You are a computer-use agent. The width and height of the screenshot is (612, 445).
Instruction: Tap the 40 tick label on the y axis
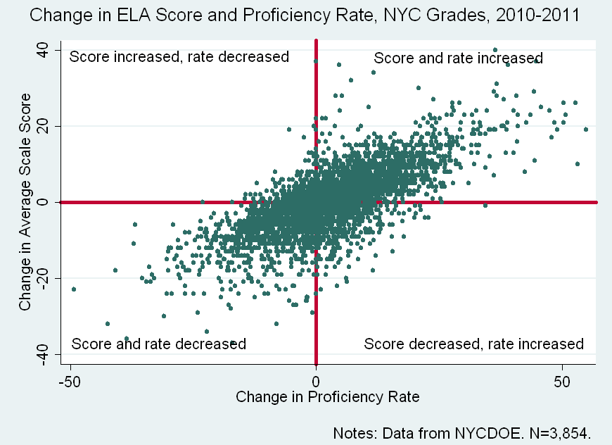(x=43, y=51)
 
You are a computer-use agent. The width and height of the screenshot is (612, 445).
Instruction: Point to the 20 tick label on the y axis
(x=43, y=127)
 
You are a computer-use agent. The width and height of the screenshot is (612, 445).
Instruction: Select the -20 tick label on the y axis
(x=43, y=278)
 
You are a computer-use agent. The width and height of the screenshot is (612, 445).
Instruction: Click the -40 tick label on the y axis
(x=43, y=354)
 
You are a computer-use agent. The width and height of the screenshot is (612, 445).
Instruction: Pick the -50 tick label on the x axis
(x=70, y=380)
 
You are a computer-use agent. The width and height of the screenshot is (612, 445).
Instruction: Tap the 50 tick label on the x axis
(x=562, y=380)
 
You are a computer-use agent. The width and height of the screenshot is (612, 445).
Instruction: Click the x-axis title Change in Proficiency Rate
(x=328, y=397)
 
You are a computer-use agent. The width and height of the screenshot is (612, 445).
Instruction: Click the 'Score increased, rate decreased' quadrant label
(x=179, y=57)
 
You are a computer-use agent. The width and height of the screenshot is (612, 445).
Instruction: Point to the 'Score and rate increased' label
(x=458, y=58)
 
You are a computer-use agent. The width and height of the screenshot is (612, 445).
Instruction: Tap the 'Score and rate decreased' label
(x=159, y=344)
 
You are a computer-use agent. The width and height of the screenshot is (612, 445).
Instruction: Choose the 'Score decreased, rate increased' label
(x=473, y=344)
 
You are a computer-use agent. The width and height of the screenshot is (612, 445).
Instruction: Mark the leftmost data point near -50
(x=73, y=289)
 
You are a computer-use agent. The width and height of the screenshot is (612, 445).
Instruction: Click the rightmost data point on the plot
(x=585, y=130)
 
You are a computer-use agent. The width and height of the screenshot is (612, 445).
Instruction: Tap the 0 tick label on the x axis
(x=317, y=380)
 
